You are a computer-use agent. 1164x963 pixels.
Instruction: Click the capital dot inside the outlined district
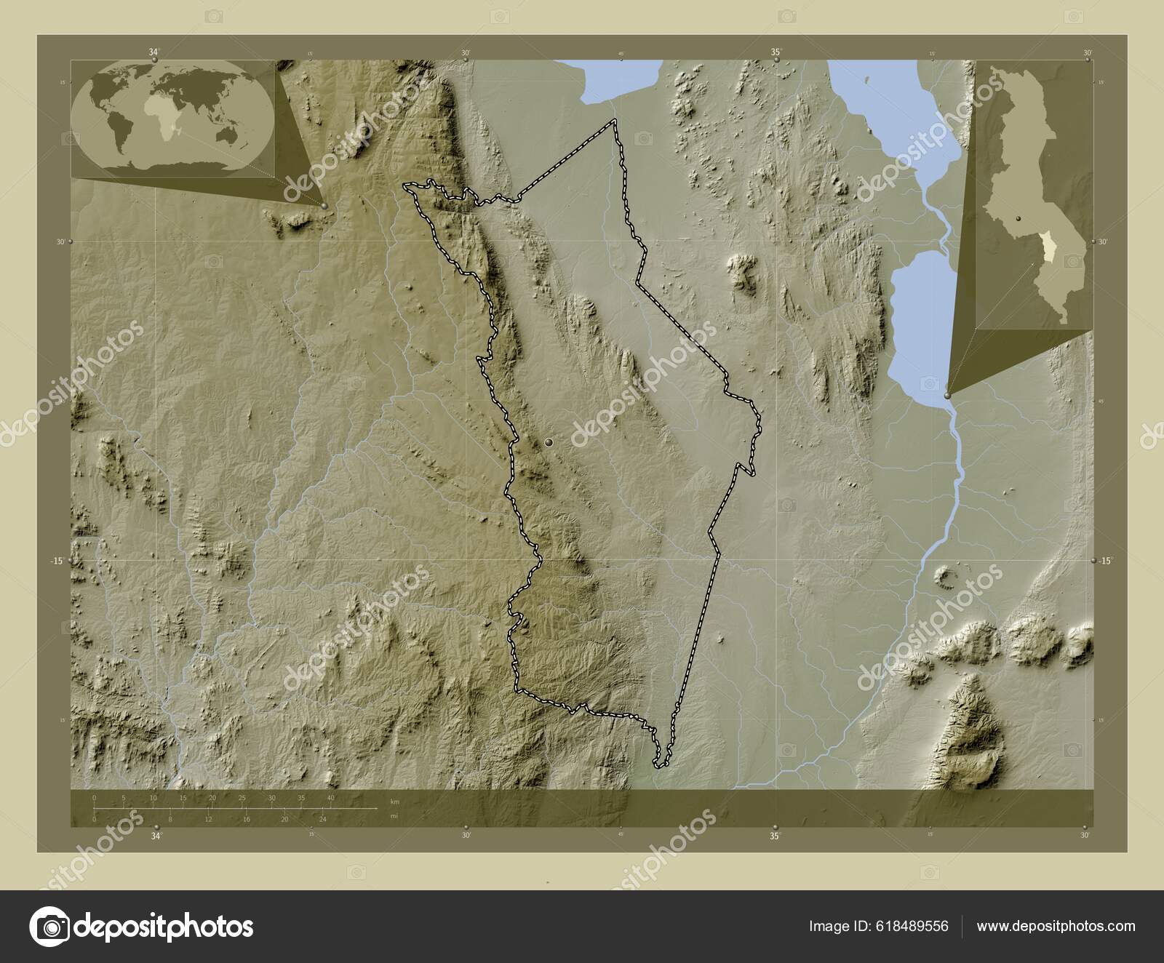pos(549,441)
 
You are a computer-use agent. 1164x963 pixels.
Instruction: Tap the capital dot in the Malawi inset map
pos(1019,217)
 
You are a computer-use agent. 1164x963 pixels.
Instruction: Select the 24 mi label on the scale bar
pos(323,819)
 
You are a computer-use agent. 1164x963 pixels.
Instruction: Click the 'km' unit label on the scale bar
pos(394,802)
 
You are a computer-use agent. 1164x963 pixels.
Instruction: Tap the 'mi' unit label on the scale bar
pos(394,816)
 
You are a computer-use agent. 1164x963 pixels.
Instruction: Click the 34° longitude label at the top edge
pos(154,52)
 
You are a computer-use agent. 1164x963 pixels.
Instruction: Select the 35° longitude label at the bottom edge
pos(776,836)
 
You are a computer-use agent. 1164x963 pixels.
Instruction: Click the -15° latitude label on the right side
pos(1105,561)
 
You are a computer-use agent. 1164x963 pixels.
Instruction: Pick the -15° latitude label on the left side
pos(57,561)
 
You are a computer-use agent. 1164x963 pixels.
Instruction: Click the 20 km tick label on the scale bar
pos(212,798)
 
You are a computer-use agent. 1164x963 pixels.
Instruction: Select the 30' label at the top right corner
pos(1087,52)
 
